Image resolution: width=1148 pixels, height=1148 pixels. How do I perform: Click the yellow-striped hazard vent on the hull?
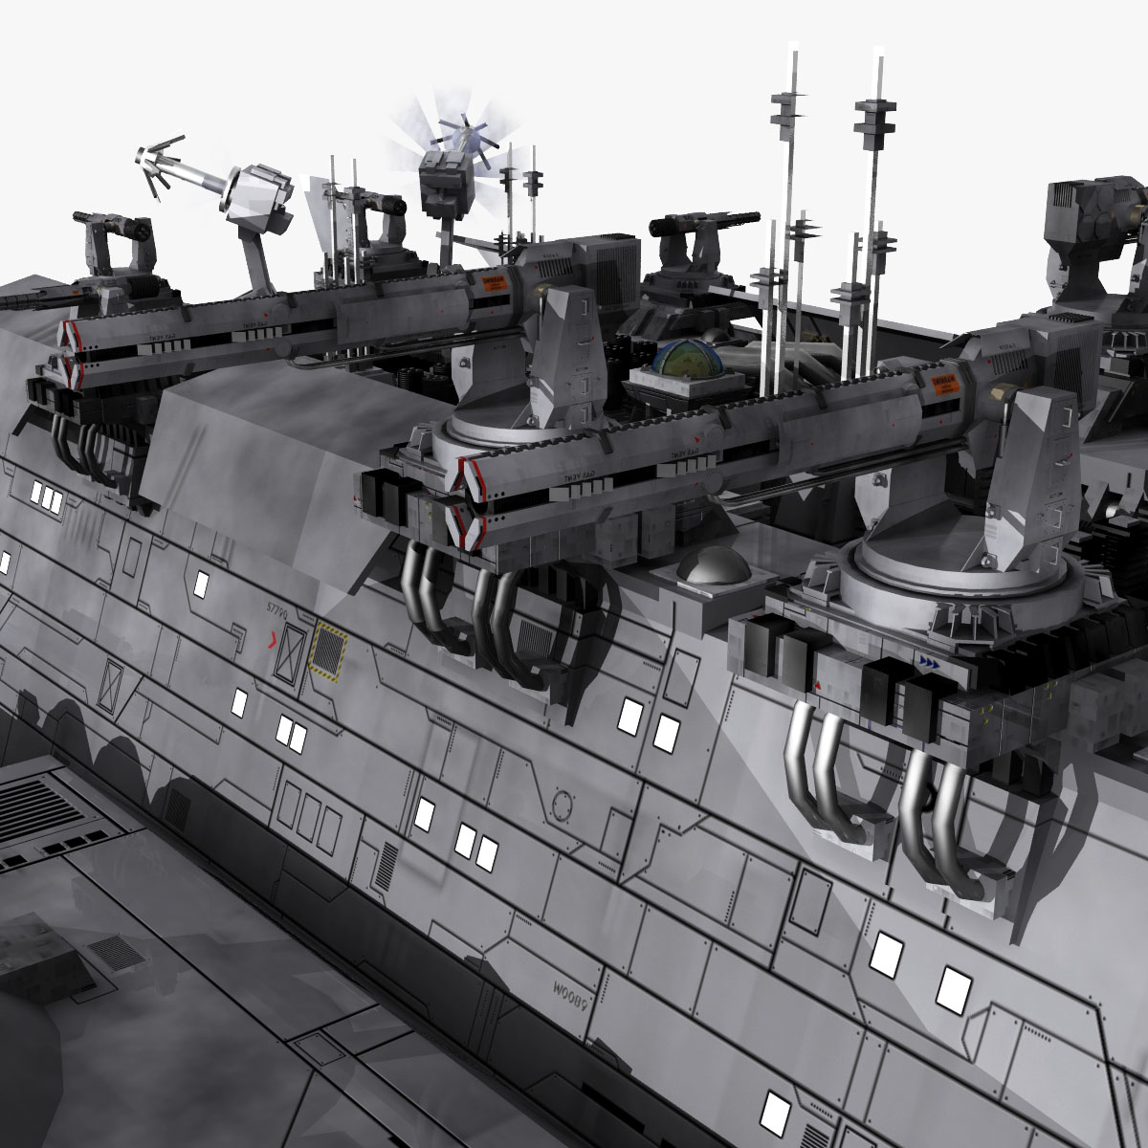[327, 652]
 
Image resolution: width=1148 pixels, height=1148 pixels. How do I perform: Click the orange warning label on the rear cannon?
[493, 287]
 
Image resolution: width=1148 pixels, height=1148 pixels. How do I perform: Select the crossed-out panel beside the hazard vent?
[290, 656]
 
